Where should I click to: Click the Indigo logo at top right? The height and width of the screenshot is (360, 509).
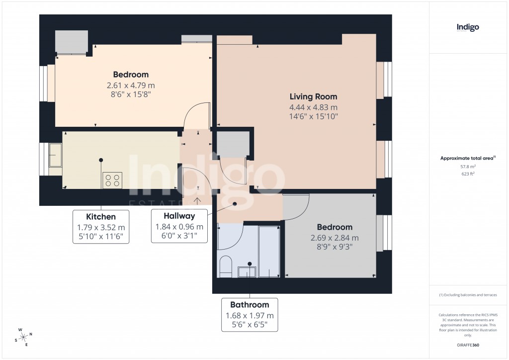click(468, 28)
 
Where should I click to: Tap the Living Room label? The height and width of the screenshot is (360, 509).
click(313, 97)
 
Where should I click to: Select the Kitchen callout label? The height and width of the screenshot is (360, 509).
click(101, 217)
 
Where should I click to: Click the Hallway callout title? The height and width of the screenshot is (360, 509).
click(179, 216)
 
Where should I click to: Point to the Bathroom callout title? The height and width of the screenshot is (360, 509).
click(250, 305)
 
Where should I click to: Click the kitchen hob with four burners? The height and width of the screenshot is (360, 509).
click(113, 180)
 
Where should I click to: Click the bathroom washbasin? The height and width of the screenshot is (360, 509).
click(248, 271)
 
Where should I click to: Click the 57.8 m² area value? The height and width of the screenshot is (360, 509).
click(467, 168)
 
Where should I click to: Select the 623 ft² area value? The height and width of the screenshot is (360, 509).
click(467, 174)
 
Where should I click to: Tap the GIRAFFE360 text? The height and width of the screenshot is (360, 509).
click(467, 345)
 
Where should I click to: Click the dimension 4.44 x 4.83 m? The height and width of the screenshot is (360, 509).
click(313, 107)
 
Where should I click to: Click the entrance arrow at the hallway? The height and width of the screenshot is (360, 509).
click(197, 200)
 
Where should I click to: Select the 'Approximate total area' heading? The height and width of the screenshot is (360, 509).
click(467, 158)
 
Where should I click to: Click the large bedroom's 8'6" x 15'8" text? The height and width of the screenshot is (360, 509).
click(131, 93)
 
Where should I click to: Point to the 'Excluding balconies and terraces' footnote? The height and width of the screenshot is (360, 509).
click(467, 295)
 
